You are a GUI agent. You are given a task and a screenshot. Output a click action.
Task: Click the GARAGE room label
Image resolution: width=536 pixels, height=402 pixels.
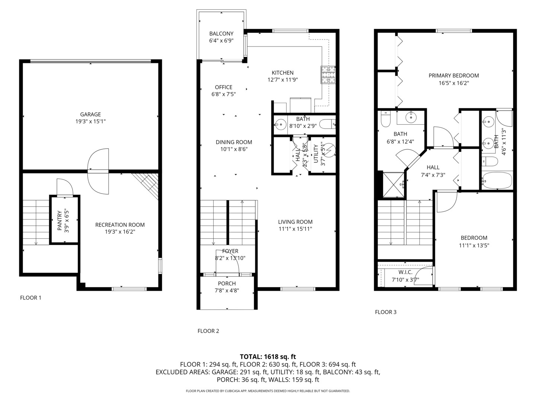coord(90,114)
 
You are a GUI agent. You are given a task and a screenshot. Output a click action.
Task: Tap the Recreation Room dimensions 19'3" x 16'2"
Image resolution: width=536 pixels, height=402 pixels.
coord(120,232)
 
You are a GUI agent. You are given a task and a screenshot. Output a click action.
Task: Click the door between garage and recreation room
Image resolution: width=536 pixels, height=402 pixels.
coord(98,171)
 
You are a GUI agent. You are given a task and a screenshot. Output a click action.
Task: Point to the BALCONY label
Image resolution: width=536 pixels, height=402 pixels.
coord(221,33)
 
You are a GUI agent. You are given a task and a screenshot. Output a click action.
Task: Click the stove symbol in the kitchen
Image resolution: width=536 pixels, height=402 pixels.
coord(328,74)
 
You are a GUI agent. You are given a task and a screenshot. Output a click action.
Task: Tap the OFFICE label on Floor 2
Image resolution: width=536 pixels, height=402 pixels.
coord(223,87)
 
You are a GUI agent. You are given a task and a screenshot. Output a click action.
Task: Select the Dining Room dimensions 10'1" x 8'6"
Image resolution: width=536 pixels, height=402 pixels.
coord(234,149)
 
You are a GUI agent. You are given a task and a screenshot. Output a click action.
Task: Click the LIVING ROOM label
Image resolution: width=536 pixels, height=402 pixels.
coord(295,222)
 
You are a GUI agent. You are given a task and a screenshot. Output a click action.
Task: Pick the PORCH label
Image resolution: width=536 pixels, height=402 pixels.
coord(227,284)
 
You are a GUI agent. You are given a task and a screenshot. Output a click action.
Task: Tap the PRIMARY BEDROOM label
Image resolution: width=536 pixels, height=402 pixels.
coord(453,76)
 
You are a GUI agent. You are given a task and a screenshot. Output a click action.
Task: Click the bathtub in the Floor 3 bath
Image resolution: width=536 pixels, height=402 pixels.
coord(497,181)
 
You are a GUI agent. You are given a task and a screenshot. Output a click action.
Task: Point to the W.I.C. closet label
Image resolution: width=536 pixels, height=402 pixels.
coord(405,272)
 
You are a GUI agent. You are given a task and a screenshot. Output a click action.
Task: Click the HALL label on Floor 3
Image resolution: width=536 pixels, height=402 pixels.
coord(433,167)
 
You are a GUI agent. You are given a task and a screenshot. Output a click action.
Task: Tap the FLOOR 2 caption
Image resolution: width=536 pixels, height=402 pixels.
coord(208,331)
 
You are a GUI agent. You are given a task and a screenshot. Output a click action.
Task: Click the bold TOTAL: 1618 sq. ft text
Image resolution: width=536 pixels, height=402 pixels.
coord(268,357)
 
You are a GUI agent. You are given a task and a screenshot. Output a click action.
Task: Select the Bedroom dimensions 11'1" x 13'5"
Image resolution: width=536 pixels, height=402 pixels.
coord(474,245)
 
